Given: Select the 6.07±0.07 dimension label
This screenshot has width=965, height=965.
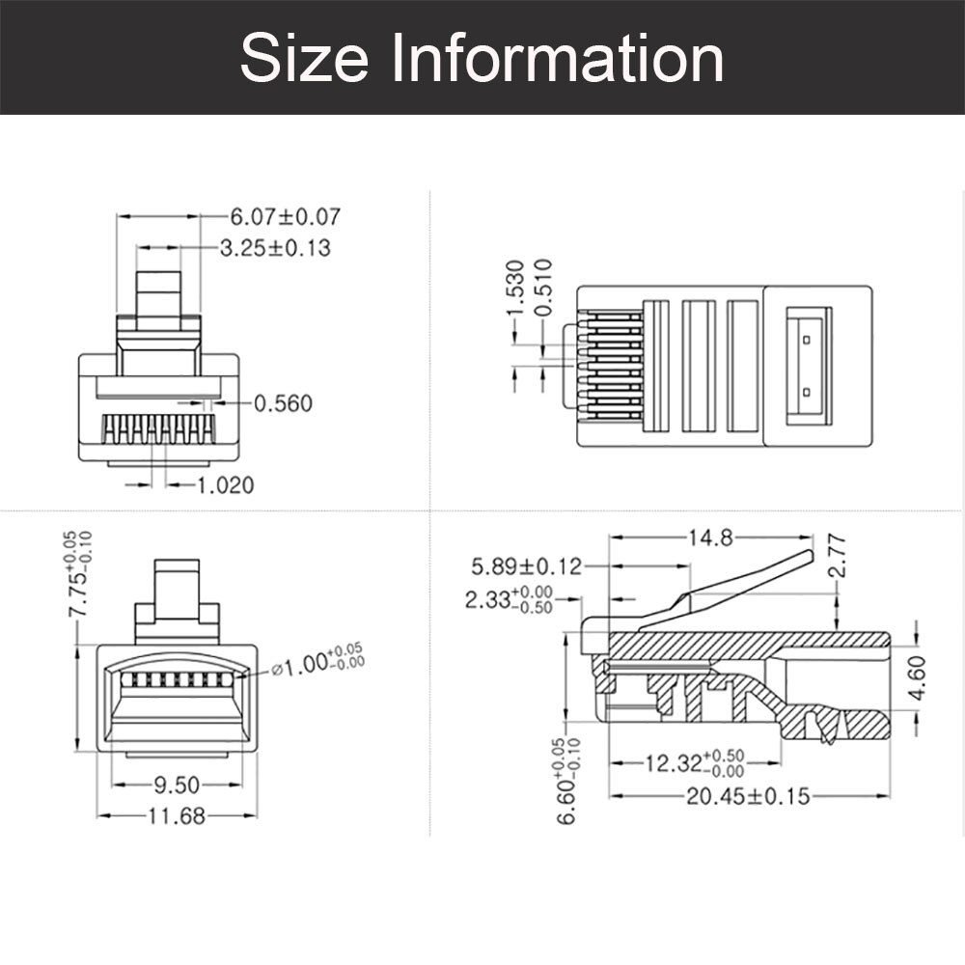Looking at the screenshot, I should pos(285,216).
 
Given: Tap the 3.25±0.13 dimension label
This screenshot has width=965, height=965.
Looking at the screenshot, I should pos(275,248).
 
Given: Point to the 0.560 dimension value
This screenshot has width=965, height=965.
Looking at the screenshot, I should pos(283,403).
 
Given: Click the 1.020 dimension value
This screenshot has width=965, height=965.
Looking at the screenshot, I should pos(226,484).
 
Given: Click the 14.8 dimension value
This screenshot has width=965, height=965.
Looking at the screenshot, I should pos(711,538).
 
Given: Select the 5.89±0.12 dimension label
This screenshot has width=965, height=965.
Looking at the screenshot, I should pos(527,566).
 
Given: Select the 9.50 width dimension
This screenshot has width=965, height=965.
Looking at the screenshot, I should pos(176,784).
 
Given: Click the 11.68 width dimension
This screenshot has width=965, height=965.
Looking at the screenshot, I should pos(176,816).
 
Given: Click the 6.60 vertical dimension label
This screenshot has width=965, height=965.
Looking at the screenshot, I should pos(567,782).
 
